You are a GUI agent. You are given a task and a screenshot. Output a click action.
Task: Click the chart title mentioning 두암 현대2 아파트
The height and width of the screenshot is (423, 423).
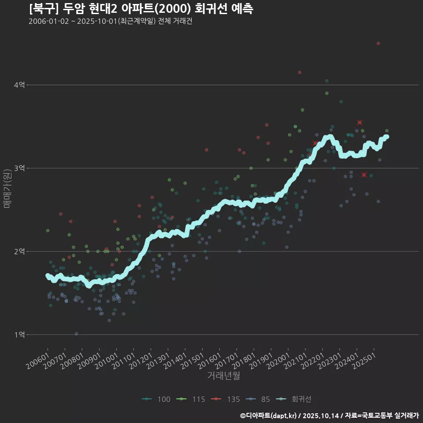pyautogui.click(x=141, y=9)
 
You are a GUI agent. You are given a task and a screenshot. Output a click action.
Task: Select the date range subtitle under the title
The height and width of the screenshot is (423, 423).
pyautogui.click(x=110, y=21)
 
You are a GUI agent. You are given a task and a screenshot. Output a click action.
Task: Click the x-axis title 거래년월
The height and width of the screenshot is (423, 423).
pyautogui.click(x=223, y=376)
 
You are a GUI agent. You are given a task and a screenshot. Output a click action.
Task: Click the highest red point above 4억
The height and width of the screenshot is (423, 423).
pyautogui.click(x=378, y=43)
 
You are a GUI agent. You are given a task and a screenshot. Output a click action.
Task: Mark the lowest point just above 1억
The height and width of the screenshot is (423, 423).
pyautogui.click(x=76, y=334)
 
